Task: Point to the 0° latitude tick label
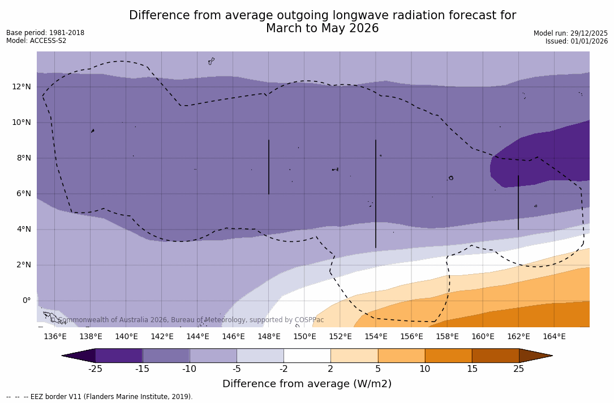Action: [26, 300]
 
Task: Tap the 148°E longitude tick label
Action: [269, 337]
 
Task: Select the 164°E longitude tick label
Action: [554, 337]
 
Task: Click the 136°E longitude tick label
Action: [55, 337]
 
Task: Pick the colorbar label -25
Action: [95, 369]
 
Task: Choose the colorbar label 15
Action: [471, 369]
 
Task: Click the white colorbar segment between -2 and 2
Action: [307, 356]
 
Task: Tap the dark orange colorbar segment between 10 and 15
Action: [448, 356]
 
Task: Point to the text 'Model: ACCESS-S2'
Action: [36, 41]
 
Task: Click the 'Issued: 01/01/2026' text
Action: [576, 41]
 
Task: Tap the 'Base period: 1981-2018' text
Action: [45, 33]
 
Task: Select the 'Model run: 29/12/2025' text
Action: [570, 33]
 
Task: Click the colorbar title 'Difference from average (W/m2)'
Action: [307, 384]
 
